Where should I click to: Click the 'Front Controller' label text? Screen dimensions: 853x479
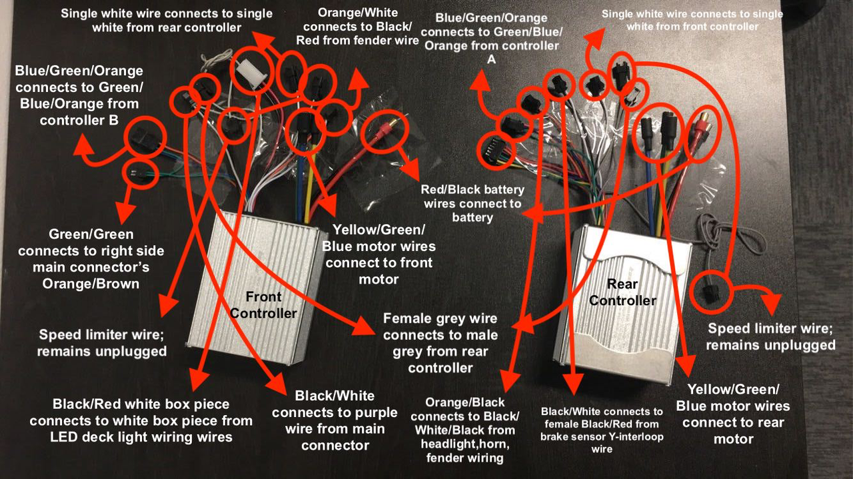[x=263, y=305]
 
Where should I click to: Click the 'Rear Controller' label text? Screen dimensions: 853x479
[x=622, y=292]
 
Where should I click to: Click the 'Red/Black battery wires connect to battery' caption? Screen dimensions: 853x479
[x=472, y=203]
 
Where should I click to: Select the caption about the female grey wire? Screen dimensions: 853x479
[x=440, y=343]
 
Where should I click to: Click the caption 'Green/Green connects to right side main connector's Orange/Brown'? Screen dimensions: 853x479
[x=91, y=259]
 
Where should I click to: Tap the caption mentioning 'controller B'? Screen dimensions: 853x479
[x=79, y=95]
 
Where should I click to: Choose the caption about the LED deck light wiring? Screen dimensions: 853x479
[x=141, y=420]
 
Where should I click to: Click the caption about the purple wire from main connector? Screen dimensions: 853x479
[x=335, y=420]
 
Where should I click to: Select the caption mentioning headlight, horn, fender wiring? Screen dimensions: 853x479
[x=464, y=430]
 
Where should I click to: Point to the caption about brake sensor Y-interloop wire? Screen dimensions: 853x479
[x=602, y=430]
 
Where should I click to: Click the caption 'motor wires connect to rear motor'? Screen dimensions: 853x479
[x=733, y=414]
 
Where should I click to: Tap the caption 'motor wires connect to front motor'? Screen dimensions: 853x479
[x=379, y=254]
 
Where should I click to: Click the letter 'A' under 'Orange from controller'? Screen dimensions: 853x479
[x=491, y=59]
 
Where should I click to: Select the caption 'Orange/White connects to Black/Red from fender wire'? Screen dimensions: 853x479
[x=357, y=27]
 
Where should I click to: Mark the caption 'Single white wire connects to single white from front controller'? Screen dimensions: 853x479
[x=692, y=20]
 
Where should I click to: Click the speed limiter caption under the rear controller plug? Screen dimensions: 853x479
[x=770, y=336]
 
